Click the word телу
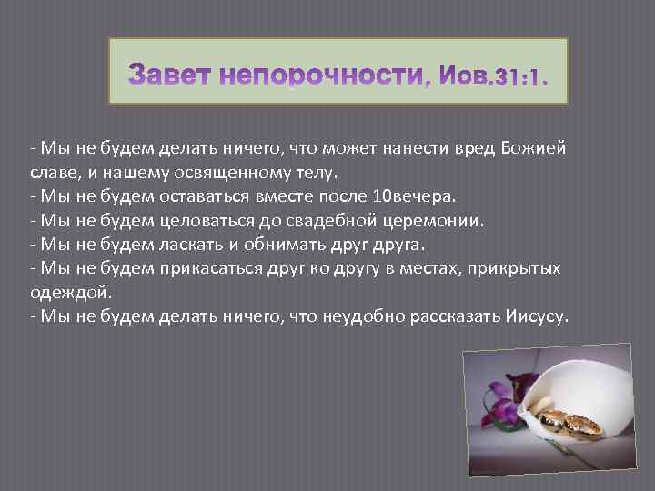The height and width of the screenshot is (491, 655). (308, 173)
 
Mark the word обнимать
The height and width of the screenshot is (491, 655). (287, 245)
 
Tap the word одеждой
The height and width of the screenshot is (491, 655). (61, 293)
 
